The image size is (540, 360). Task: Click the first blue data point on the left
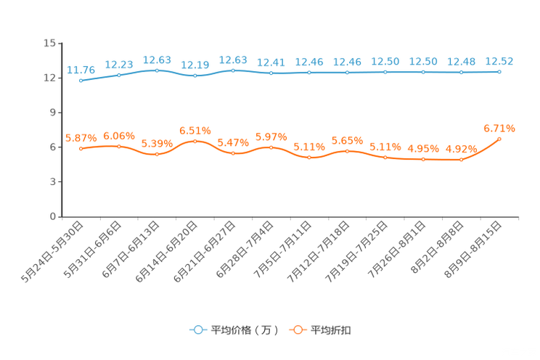point(81,80)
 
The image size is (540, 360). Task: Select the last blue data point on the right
point(499,71)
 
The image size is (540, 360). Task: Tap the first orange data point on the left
point(81,147)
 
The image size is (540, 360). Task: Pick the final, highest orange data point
point(499,138)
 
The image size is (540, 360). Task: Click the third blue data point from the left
point(157,70)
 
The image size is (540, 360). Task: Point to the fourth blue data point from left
point(195,75)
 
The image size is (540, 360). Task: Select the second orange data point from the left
point(119,146)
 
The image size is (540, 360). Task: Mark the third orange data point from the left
point(157,154)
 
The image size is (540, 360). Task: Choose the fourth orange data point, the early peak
point(195,140)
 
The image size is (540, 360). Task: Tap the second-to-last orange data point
point(461,159)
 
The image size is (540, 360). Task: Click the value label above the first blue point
point(81,70)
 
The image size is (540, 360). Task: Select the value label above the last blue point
point(499,60)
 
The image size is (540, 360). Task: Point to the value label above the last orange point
point(499,128)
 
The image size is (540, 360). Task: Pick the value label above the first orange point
point(81,137)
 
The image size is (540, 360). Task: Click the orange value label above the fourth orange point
point(195,130)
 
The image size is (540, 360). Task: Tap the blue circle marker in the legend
point(197,330)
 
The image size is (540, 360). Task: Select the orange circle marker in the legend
point(297,330)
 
